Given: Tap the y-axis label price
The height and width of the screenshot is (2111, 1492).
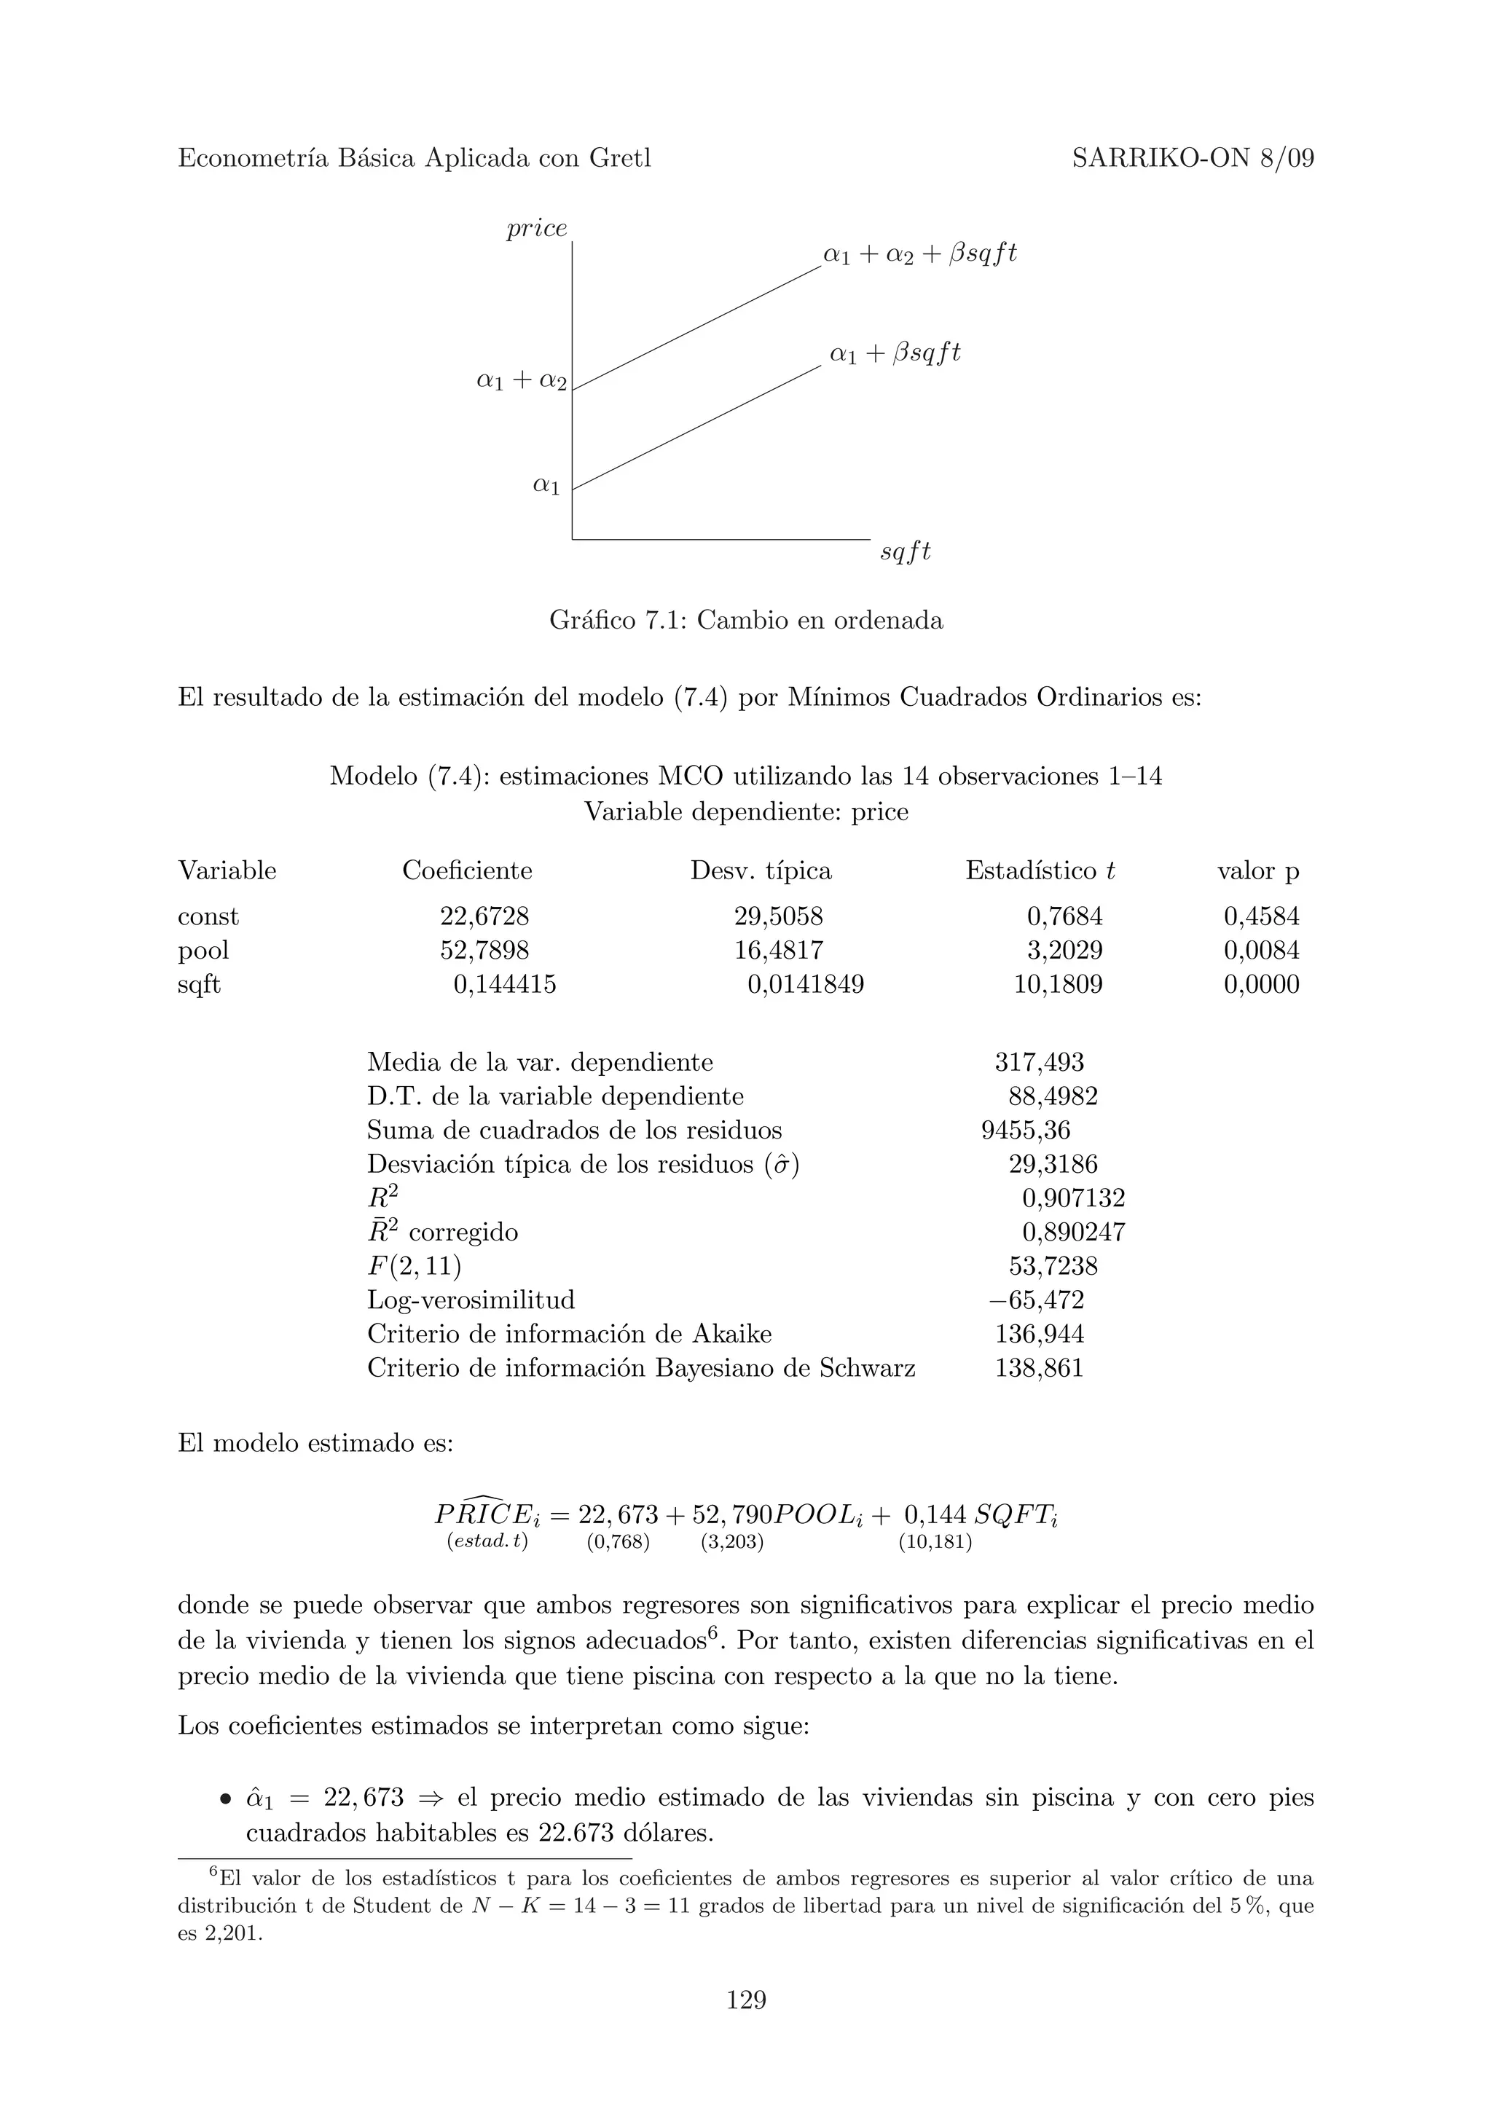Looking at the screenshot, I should click(537, 228).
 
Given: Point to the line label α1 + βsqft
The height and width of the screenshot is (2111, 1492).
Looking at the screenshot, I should click(895, 353).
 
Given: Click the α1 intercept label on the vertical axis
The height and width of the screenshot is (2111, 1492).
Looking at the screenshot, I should click(546, 484).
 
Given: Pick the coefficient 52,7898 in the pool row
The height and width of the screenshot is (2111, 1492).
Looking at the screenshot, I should click(484, 950).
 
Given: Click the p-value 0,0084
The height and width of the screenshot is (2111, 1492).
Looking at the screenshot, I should click(1260, 950).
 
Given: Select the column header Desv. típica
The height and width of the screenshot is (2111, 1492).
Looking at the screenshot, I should click(761, 870).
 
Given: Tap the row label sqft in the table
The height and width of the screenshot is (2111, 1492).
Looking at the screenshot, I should click(200, 985).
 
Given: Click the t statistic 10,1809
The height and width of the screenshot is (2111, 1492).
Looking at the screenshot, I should click(1057, 985).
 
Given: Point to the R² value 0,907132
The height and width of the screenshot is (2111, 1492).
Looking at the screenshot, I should click(1073, 1198).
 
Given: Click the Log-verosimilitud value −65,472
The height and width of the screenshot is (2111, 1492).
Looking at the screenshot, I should click(1036, 1300).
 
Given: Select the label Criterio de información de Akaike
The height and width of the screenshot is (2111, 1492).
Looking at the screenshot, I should click(569, 1334).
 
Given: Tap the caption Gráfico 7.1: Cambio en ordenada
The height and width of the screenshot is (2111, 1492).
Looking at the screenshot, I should click(745, 621).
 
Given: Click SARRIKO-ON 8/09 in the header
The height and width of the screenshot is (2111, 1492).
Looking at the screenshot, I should click(1193, 159).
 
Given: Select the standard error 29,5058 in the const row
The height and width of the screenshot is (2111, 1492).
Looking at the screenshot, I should click(778, 916).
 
